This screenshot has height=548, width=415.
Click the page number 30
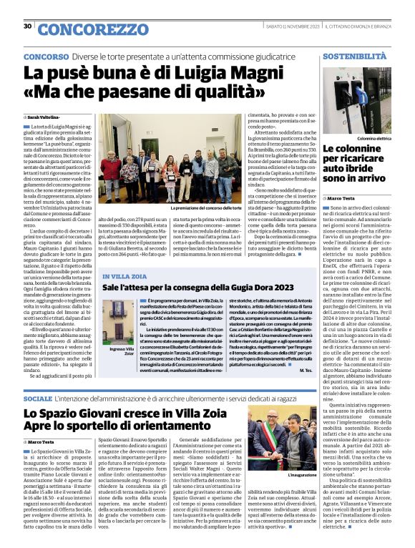click(x=27, y=26)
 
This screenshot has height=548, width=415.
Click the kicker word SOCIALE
click(x=38, y=397)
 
